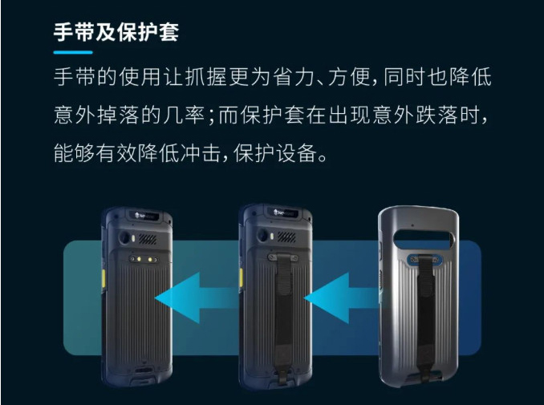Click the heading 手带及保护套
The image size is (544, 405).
[x=116, y=32]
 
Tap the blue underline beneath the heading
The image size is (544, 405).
[x=73, y=52]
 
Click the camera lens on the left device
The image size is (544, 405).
[x=124, y=238]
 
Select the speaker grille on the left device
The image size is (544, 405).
[x=148, y=238]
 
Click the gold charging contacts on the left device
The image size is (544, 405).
[x=144, y=259]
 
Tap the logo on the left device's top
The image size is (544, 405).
[x=145, y=216]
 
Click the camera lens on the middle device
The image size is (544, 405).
[x=262, y=235]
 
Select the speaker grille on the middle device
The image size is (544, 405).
[x=286, y=237]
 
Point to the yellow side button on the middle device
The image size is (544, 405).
[x=242, y=277]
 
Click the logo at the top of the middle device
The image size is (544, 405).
[x=284, y=213]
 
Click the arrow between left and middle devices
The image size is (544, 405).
[x=196, y=298]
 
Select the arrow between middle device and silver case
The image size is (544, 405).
[x=342, y=298]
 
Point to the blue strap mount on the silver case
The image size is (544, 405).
[x=425, y=260]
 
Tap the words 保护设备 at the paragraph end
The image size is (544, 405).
[x=275, y=153]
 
